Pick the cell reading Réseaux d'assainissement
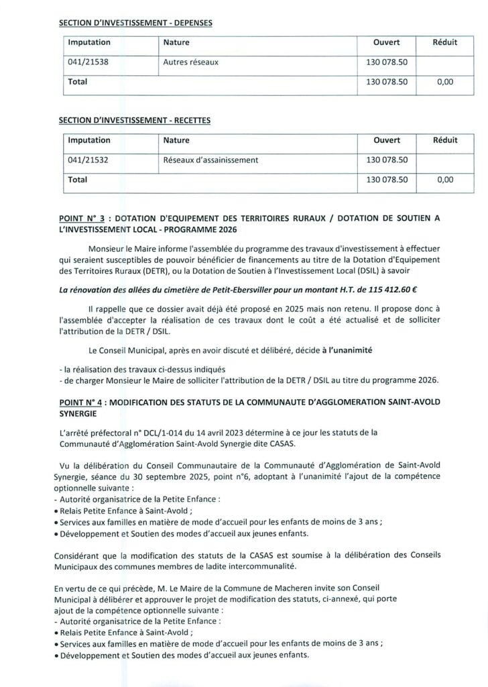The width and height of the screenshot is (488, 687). [210, 160]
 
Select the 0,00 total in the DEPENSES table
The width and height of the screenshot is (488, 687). [444, 82]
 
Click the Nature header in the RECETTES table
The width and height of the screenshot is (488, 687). [176, 140]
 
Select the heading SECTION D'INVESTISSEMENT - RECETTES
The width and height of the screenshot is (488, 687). [135, 120]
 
